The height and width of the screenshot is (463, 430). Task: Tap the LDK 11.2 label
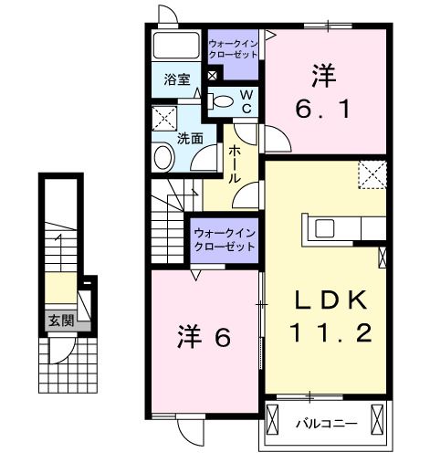coord(330,315)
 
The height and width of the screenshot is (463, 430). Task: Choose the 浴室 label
coord(177,79)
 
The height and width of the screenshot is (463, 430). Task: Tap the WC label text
coord(246,101)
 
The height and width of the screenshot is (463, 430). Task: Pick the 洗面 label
coord(190,139)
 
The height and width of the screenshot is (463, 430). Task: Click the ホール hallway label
coord(235,164)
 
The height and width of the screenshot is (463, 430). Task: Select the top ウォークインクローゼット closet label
coord(233,48)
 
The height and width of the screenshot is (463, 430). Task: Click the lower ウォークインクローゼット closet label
coord(224,241)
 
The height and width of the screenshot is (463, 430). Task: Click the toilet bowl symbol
coord(218,102)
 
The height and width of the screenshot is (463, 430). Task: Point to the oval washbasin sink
coord(163,157)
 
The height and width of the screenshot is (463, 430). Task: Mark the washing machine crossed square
coord(165,119)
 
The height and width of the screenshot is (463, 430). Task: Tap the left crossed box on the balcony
coord(274,422)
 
